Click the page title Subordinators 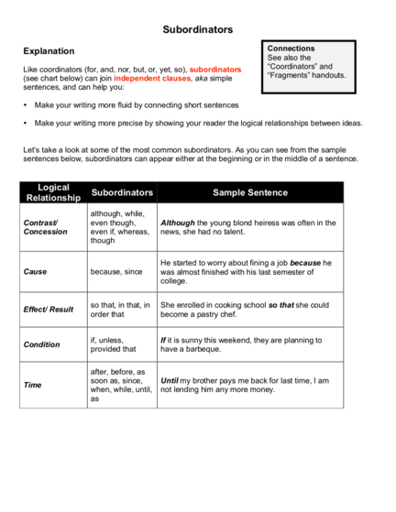coord(198,29)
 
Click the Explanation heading coord(49,51)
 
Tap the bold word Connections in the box coord(291,49)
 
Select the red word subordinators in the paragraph coord(215,70)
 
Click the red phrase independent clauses coord(152,79)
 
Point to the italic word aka coord(202,79)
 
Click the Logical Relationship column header coord(53,192)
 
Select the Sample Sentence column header coord(250,192)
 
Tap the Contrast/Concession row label coord(46,227)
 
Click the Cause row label coord(35,272)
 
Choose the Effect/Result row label coord(49,310)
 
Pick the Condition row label coord(41,344)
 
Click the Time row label coord(32,385)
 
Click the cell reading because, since coord(116,272)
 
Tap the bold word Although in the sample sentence coord(178,223)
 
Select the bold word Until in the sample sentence coord(170,381)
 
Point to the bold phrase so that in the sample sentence coord(281,305)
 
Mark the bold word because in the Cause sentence coord(305,263)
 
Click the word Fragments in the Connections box coord(289,75)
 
